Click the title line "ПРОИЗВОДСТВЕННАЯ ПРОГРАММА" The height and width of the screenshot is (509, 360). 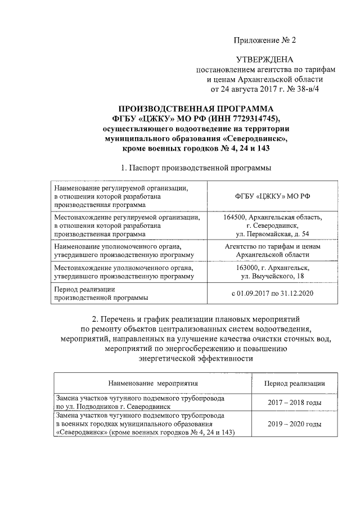[x=196, y=108]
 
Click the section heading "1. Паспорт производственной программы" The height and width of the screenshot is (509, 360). [x=196, y=168]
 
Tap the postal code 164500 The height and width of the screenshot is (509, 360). [x=235, y=217]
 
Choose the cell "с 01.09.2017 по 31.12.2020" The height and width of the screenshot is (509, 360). [x=272, y=293]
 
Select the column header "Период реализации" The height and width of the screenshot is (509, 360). [x=294, y=383]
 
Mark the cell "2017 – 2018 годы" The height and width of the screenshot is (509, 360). [x=294, y=402]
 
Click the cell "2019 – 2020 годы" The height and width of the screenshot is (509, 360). [x=294, y=424]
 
